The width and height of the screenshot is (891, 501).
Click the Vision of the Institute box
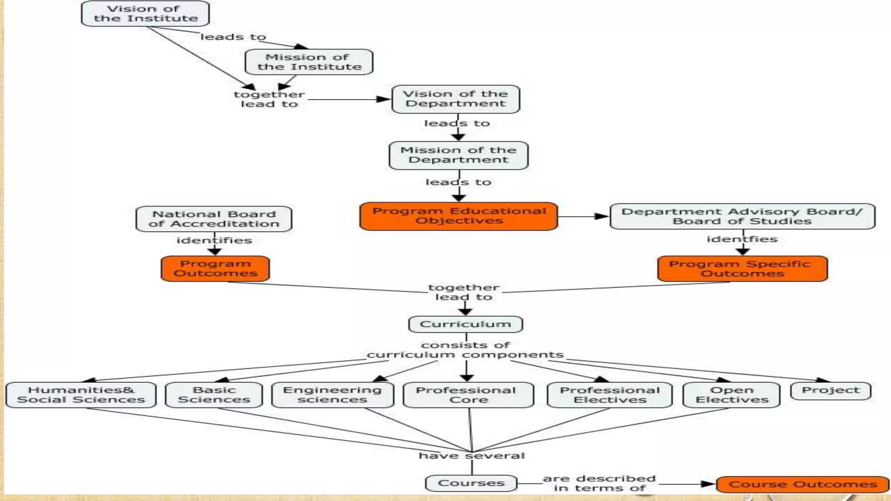pos(145,13)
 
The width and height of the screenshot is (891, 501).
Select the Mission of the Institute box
pos(309,62)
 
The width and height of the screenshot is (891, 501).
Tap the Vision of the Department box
pos(456,99)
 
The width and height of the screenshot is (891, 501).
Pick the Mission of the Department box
pos(459,155)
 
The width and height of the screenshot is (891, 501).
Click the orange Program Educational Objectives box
pos(459,216)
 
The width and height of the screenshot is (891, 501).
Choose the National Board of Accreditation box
pos(214,219)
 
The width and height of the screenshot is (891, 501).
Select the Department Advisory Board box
pos(742,216)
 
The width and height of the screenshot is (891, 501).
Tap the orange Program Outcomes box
pos(215,268)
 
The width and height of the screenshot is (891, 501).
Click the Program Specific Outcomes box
pos(742,269)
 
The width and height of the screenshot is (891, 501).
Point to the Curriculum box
pos(465,324)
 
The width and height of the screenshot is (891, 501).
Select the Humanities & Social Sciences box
pos(81,395)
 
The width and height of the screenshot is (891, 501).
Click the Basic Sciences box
pos(214,395)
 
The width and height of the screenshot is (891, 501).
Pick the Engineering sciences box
pos(332,395)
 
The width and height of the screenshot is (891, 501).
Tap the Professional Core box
pos(468,395)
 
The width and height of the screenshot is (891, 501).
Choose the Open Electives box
pos(731,395)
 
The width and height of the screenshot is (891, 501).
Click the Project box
pos(831,391)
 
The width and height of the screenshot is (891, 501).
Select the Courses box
pos(471,483)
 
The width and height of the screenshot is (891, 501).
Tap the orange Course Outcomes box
pos(802,484)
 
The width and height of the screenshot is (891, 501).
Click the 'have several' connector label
pos(472,456)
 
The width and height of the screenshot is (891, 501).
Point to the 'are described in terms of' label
pos(599,483)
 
